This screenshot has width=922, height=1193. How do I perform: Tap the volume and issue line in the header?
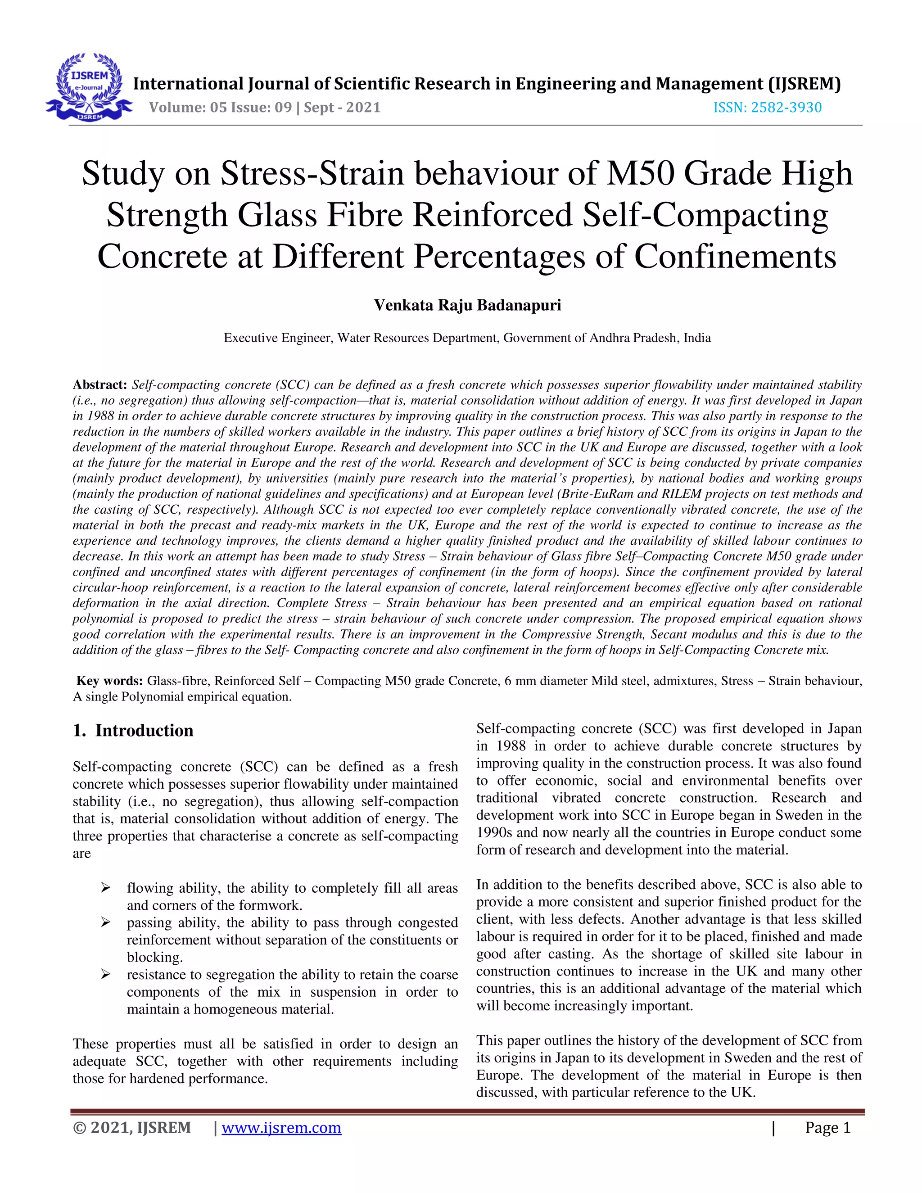tap(264, 107)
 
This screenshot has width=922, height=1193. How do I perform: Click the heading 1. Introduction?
tap(133, 730)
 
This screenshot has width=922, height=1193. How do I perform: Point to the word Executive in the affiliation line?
tap(251, 338)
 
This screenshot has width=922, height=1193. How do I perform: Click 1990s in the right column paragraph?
tap(495, 832)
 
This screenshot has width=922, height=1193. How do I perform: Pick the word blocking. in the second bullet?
tap(154, 957)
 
